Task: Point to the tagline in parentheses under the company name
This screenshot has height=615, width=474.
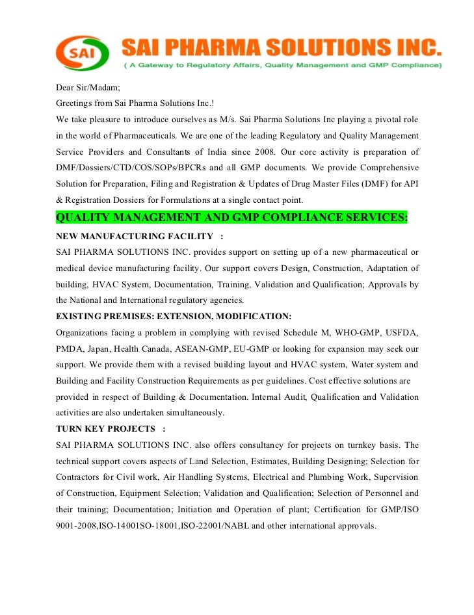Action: tap(283, 66)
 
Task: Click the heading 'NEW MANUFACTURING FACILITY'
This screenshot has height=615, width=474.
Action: tap(135, 235)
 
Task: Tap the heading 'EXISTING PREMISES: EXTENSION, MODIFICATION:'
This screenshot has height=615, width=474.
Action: tap(174, 316)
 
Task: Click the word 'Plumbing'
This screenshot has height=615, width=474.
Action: tap(331, 477)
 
